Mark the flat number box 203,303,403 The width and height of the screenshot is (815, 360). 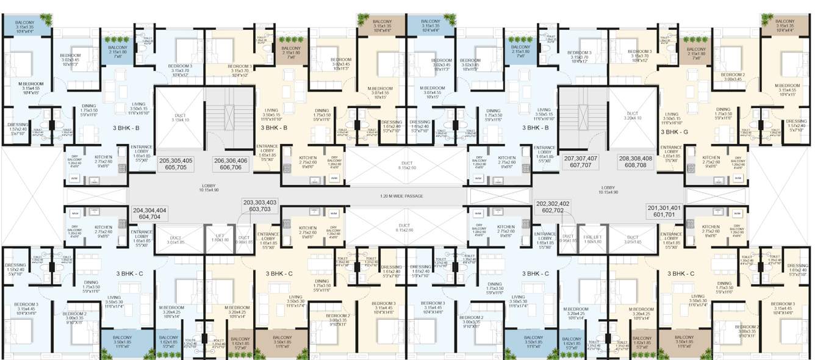tap(260, 206)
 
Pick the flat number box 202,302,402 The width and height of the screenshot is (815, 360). tap(553, 207)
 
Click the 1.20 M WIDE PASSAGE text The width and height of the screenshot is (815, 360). tap(407, 196)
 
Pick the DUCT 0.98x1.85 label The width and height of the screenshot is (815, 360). tap(243, 240)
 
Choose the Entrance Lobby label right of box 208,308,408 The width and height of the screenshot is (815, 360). tap(671, 152)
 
